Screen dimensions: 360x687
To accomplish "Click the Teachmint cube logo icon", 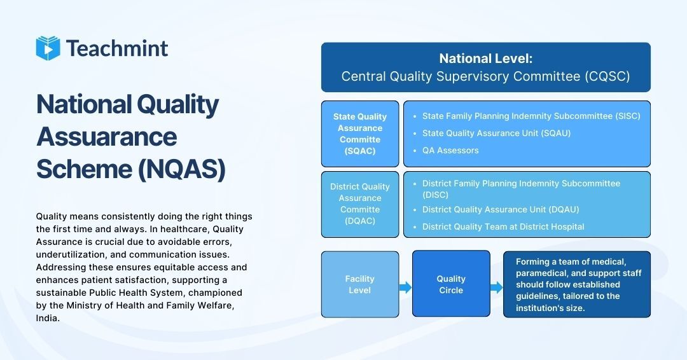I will (48, 48).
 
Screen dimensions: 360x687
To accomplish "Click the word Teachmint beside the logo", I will (117, 48).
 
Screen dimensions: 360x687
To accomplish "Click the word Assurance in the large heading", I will (107, 136).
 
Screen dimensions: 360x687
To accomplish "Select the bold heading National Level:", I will (485, 59).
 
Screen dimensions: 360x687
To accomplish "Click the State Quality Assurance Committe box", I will (360, 134).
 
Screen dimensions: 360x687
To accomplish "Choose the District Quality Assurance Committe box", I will (360, 204).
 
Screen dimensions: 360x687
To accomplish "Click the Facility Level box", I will (360, 284).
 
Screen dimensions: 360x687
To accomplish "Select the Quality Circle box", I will (451, 284).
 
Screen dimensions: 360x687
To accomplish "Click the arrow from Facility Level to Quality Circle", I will (405, 288).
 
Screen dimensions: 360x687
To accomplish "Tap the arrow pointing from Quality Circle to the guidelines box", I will (496, 288).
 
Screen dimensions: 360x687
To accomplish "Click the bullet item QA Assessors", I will (450, 151).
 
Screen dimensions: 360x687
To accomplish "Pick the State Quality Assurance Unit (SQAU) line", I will (496, 134).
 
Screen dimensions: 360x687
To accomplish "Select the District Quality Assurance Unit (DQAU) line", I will (501, 210).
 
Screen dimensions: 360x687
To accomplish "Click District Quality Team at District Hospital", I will (503, 226).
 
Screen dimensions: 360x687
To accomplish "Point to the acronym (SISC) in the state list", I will (627, 116).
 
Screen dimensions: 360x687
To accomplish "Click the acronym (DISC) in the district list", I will (436, 195).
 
